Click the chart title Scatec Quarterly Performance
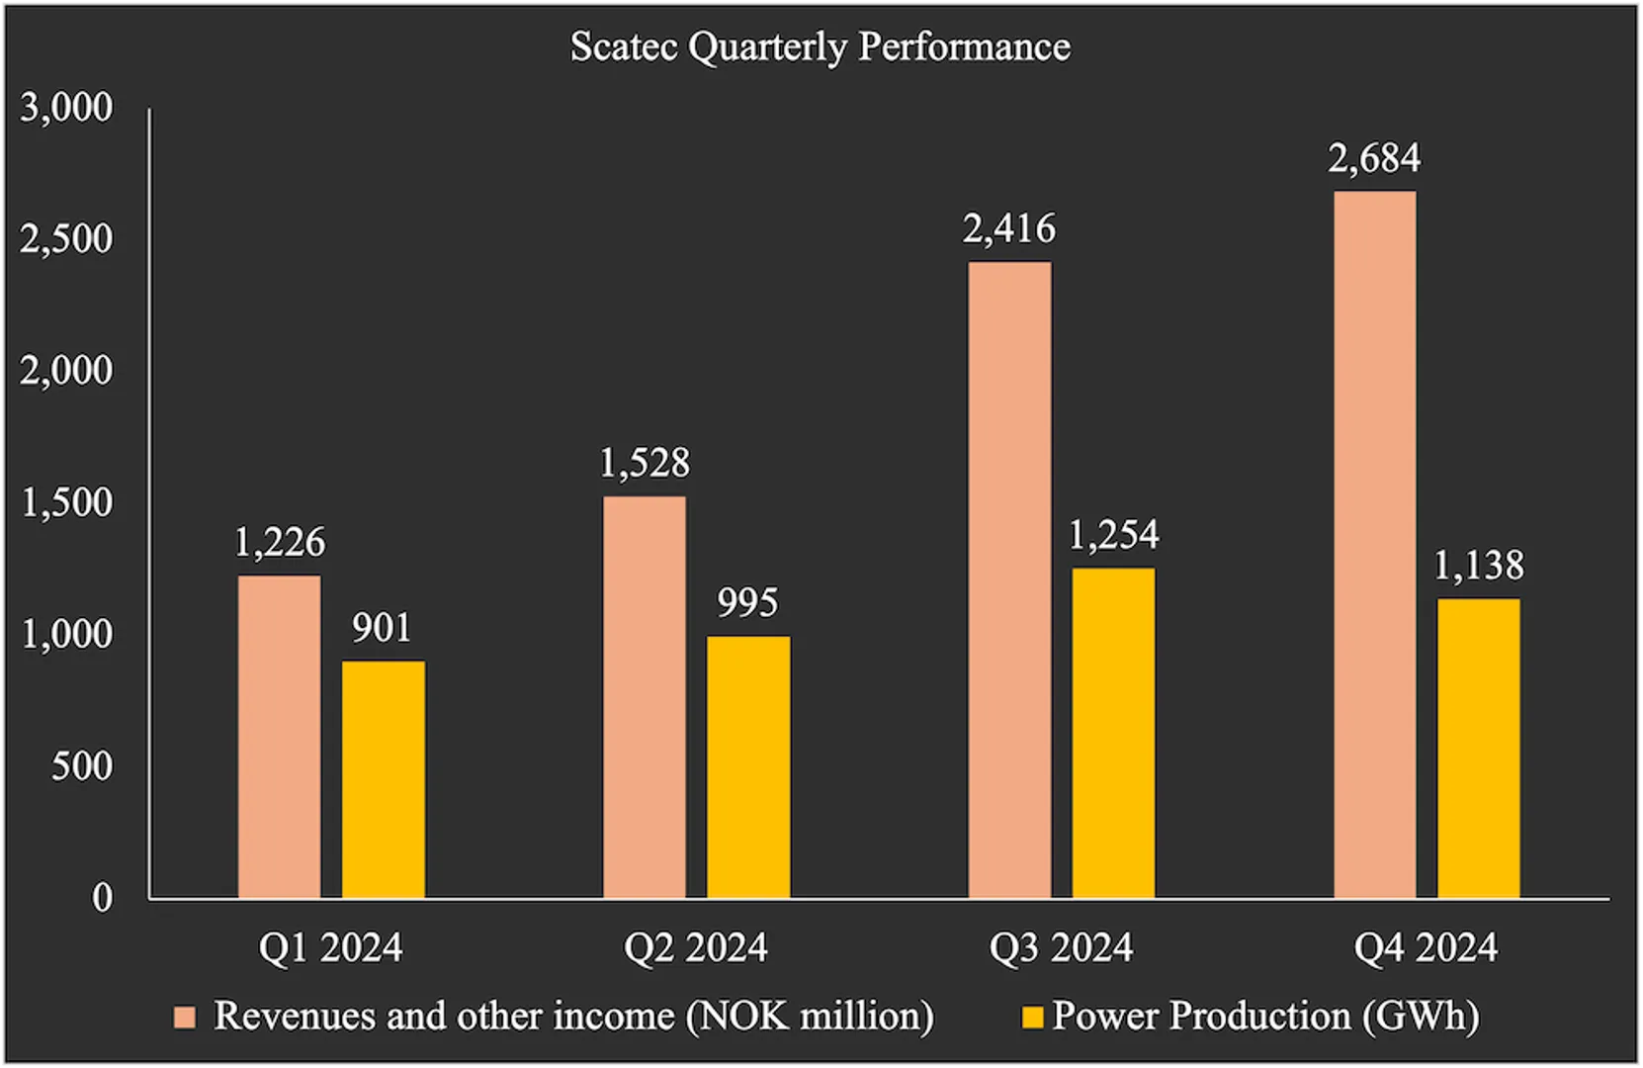[x=820, y=46]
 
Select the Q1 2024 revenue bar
[x=279, y=737]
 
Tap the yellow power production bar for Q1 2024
[x=384, y=779]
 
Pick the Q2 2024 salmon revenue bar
[x=644, y=697]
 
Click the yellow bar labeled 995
[x=748, y=766]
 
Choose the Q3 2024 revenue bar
[x=1009, y=580]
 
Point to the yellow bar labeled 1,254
[x=1113, y=733]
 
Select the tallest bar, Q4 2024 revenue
[x=1374, y=545]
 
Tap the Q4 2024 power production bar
[x=1479, y=749]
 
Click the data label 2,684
[x=1374, y=158]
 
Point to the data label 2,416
[x=1009, y=229]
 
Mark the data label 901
[x=382, y=628]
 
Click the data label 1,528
[x=645, y=463]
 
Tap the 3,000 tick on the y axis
[x=66, y=107]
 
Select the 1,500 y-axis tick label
[x=66, y=502]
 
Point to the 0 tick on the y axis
[x=102, y=898]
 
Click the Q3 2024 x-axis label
[x=1061, y=947]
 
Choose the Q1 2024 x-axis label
[x=330, y=947]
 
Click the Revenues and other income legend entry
[x=573, y=1017]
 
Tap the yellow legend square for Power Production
[x=1032, y=1018]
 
